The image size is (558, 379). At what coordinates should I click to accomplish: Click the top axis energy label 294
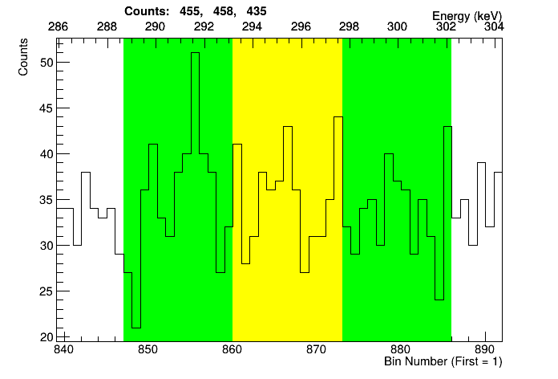click(x=252, y=26)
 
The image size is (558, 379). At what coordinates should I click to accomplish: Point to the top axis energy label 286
click(x=58, y=26)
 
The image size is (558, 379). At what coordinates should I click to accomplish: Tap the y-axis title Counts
click(x=24, y=59)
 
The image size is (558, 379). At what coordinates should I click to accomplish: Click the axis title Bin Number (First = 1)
click(x=443, y=362)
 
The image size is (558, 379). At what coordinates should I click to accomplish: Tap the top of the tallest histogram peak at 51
click(x=195, y=53)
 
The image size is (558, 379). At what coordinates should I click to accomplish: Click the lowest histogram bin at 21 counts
click(x=136, y=328)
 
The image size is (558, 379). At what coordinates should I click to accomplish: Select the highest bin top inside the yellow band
click(x=338, y=117)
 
